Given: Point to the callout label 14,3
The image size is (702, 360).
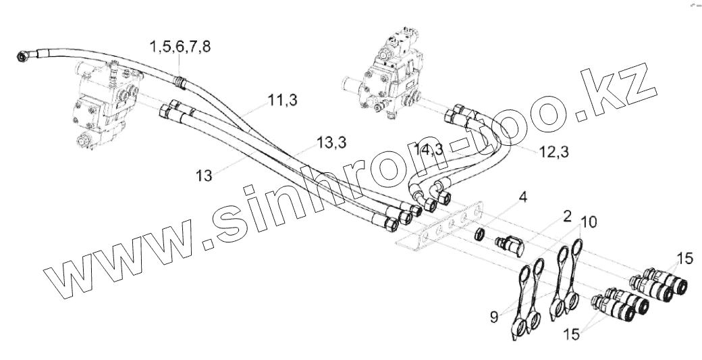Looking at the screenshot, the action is click(429, 150).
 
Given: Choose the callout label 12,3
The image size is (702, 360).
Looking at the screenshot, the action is click(554, 152).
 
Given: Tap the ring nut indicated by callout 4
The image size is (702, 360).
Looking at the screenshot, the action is click(478, 234).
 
